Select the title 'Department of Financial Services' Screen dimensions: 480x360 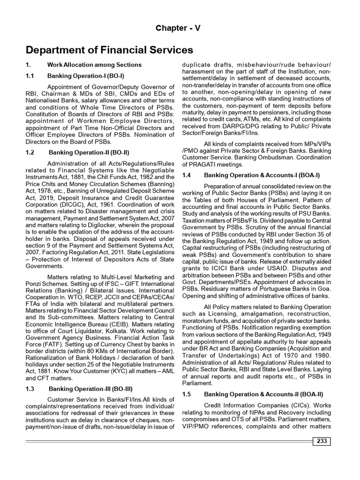109,50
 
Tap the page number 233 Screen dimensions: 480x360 322,441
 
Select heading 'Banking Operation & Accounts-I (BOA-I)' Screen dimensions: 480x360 262,175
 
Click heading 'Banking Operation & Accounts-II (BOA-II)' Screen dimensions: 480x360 263,394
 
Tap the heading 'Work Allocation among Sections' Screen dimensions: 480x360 94,64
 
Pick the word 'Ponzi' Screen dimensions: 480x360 34,284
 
